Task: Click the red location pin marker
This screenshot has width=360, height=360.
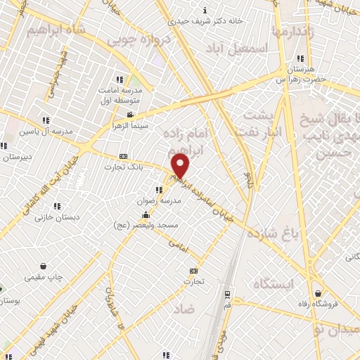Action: click(x=181, y=166)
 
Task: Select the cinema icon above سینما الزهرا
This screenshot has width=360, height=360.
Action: click(x=129, y=115)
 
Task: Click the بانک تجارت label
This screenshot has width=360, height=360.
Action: click(x=123, y=167)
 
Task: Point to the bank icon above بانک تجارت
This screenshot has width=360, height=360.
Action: click(x=124, y=156)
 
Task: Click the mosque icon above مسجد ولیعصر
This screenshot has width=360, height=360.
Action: click(x=146, y=214)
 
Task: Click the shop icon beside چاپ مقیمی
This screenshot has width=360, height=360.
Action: click(x=44, y=266)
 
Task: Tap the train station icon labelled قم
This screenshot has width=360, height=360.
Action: click(x=226, y=295)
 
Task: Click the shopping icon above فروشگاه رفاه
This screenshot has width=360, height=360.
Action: click(x=319, y=293)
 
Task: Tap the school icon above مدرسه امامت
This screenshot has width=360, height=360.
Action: click(x=120, y=79)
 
